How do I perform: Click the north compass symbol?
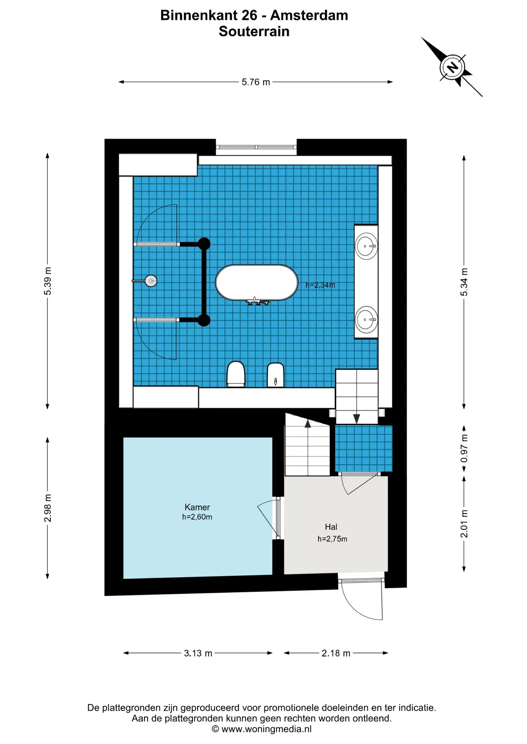pos(452,67)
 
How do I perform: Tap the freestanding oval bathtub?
pos(257,282)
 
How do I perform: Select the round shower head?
pos(151,281)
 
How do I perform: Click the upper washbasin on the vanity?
pos(366,246)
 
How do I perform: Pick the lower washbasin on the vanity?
pos(366,320)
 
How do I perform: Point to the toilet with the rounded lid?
pos(236,374)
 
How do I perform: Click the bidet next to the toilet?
pos(276,375)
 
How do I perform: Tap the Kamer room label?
pos(197,507)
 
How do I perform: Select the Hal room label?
pos(331,527)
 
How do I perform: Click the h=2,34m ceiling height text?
pos(320,285)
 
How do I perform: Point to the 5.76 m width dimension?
pos(256,82)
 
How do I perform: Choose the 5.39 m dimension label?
pos(47,281)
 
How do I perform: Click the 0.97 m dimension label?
pos(464,448)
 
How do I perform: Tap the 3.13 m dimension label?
pos(198,653)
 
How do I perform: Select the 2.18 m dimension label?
pos(336,653)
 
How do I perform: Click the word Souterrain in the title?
pos(254,31)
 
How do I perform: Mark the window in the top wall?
pos(256,147)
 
